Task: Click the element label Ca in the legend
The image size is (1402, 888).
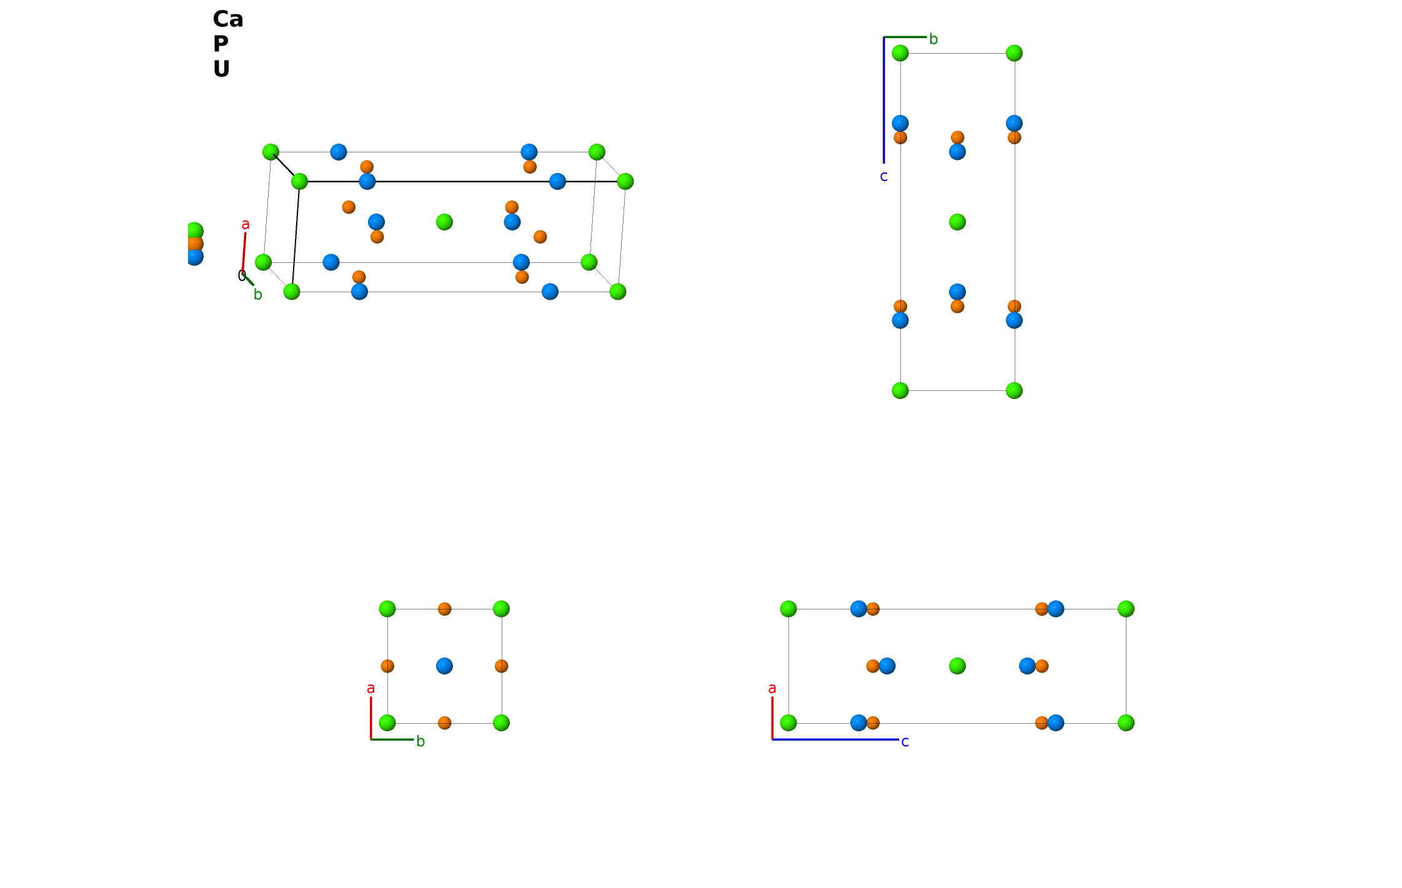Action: (x=227, y=19)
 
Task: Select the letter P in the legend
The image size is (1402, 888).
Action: (x=221, y=44)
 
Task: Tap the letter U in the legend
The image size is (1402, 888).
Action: (x=221, y=69)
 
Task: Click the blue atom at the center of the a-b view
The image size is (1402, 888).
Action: (x=444, y=666)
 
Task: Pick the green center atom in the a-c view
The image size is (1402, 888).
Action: (x=957, y=666)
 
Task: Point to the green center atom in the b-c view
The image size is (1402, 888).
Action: (x=957, y=222)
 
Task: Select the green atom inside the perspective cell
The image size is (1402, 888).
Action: (x=444, y=222)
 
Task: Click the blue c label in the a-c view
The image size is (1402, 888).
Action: (x=905, y=742)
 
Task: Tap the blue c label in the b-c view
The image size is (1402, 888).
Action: (x=883, y=177)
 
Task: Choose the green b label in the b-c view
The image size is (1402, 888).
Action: (x=933, y=39)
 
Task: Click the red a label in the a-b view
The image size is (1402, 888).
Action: (x=370, y=688)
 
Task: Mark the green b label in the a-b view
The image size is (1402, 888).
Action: (x=420, y=741)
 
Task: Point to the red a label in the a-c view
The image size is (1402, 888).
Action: (x=772, y=688)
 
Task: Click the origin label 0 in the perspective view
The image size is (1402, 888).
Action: (x=241, y=275)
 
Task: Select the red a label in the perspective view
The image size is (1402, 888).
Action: (x=246, y=224)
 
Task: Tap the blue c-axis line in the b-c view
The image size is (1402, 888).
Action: (x=883, y=100)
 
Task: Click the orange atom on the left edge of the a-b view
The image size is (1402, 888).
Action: (x=387, y=666)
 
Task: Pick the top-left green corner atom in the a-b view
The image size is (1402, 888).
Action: (x=387, y=609)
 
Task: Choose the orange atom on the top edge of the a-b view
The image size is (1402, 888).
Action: (x=444, y=609)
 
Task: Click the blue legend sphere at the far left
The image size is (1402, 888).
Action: (x=194, y=256)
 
